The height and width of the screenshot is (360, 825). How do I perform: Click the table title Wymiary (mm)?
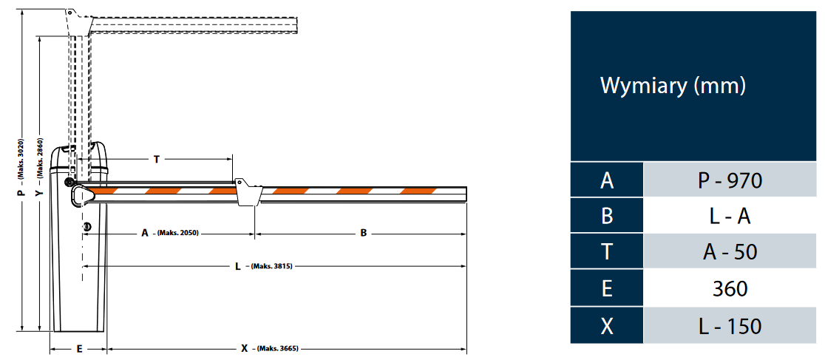(673, 86)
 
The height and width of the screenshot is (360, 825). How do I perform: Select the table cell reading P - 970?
(729, 180)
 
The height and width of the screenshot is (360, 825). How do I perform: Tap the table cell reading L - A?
(729, 216)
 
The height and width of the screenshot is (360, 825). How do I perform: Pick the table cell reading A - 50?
(729, 252)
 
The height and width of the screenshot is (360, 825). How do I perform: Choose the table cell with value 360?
(729, 288)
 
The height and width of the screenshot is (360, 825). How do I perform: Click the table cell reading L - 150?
(729, 325)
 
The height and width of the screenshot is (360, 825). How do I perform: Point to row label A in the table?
(607, 180)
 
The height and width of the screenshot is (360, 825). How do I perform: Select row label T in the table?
(607, 252)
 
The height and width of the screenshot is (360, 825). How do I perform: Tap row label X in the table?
(607, 325)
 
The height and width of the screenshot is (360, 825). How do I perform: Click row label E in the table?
(607, 288)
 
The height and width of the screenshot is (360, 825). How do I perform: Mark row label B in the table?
(607, 216)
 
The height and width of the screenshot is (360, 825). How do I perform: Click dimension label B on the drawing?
(364, 233)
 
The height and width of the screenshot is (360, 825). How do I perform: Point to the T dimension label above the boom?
(156, 159)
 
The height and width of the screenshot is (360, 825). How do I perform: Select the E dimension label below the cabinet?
(79, 348)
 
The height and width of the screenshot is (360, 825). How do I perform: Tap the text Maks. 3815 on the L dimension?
(273, 266)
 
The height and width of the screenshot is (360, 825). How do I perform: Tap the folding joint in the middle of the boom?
(247, 192)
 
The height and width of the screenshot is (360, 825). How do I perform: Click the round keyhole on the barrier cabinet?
(86, 226)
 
